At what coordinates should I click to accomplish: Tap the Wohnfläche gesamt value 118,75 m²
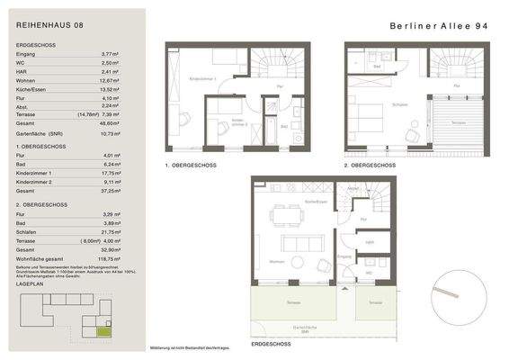click(x=110, y=256)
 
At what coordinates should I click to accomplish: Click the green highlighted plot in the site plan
click(x=105, y=332)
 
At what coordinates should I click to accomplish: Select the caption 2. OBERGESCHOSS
click(x=371, y=166)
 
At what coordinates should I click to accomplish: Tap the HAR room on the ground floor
click(x=369, y=241)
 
